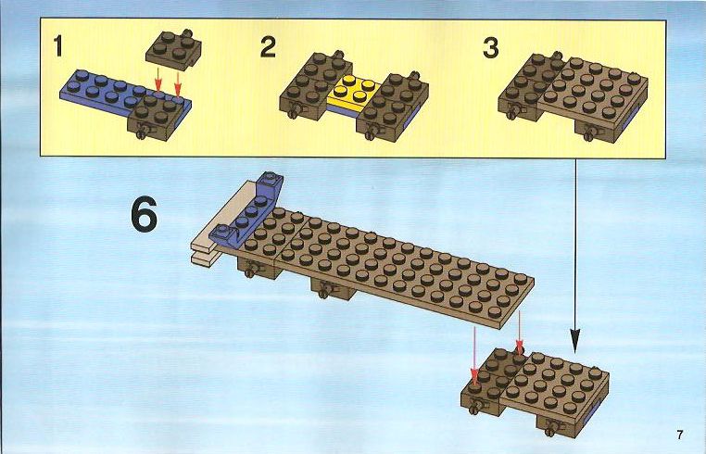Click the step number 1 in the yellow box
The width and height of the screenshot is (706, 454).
pos(57,46)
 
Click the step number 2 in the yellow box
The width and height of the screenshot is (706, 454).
pos(268,47)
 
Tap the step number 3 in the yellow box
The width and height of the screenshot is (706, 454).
pos(491,48)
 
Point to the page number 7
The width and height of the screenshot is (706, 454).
pos(679,435)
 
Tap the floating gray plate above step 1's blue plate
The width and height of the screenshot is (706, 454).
pos(173,49)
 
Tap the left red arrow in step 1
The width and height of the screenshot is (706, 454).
pos(158,82)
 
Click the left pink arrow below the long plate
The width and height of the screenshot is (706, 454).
pos(474,356)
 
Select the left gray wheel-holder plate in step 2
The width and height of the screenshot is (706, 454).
pos(315,85)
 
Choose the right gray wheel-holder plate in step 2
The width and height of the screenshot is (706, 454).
pos(392,106)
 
